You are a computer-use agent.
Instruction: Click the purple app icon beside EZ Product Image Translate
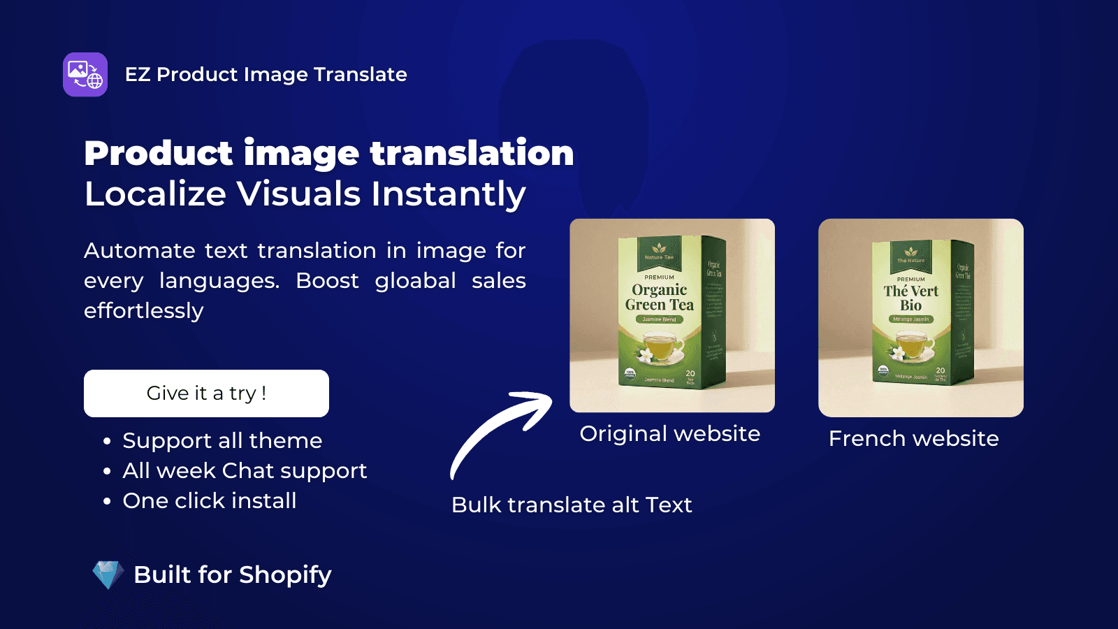click(85, 75)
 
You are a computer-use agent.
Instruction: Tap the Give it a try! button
click(206, 393)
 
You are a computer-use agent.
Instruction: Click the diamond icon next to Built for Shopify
click(108, 574)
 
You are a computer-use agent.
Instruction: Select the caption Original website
click(669, 434)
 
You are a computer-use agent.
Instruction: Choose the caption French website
click(913, 439)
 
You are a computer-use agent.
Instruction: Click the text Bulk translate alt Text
click(572, 505)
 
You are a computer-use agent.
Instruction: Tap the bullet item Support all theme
click(222, 441)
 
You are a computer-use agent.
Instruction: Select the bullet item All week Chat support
click(245, 471)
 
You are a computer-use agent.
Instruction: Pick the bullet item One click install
click(210, 501)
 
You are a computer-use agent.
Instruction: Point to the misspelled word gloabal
click(415, 281)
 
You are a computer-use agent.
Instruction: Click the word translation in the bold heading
click(472, 154)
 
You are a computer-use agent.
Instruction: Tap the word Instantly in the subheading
click(448, 194)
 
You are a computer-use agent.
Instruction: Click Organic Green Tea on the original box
click(659, 297)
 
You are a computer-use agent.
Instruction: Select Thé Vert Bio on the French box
click(910, 298)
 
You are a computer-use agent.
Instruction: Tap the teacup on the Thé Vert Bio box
click(911, 345)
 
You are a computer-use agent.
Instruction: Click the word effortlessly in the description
click(144, 311)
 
